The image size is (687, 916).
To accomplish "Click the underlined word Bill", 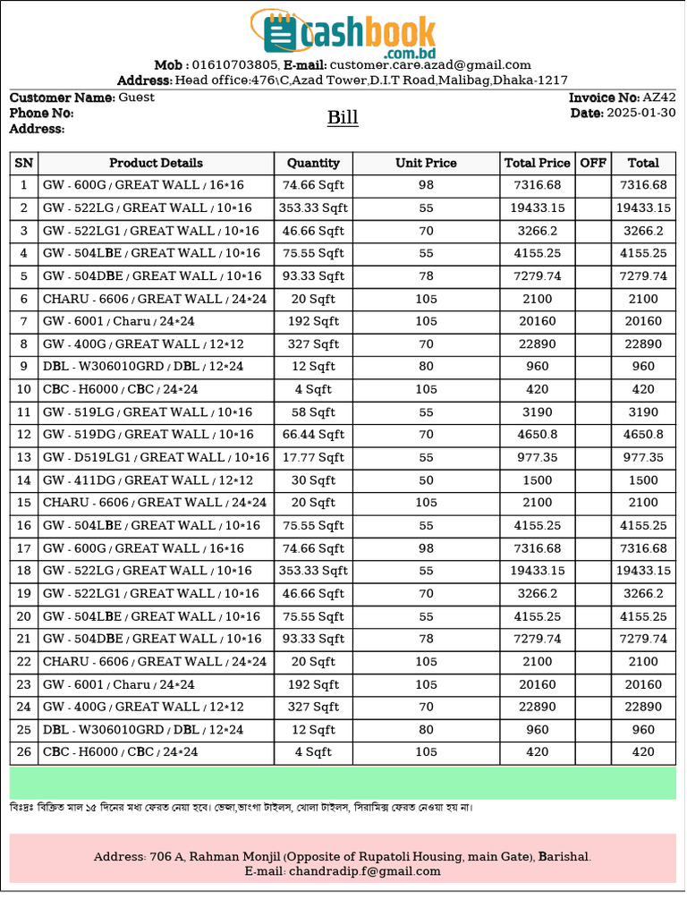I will pyautogui.click(x=343, y=118).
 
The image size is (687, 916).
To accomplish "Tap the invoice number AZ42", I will pyautogui.click(x=659, y=98).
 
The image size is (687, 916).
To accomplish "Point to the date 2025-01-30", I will pyautogui.click(x=641, y=113).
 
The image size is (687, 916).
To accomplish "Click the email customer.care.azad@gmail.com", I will pyautogui.click(x=430, y=64).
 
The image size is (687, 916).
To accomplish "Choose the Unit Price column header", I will pyautogui.click(x=426, y=163).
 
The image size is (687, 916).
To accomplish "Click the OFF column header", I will pyautogui.click(x=593, y=163).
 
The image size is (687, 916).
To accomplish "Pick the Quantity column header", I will pyautogui.click(x=313, y=163).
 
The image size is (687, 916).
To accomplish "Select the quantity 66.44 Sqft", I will pyautogui.click(x=313, y=435).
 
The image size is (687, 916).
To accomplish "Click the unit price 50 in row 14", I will pyautogui.click(x=426, y=480).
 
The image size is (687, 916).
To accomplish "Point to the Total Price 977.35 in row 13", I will pyautogui.click(x=537, y=457).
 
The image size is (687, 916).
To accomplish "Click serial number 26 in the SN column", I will pyautogui.click(x=24, y=752).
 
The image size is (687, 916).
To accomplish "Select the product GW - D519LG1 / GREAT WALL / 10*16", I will pyautogui.click(x=156, y=457).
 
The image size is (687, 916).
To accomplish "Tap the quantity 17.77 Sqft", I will pyautogui.click(x=313, y=457).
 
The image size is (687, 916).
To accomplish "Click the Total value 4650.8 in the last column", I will pyautogui.click(x=643, y=435).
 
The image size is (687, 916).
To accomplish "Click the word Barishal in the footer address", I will pyautogui.click(x=564, y=857).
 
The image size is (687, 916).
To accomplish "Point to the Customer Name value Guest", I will pyautogui.click(x=136, y=98).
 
